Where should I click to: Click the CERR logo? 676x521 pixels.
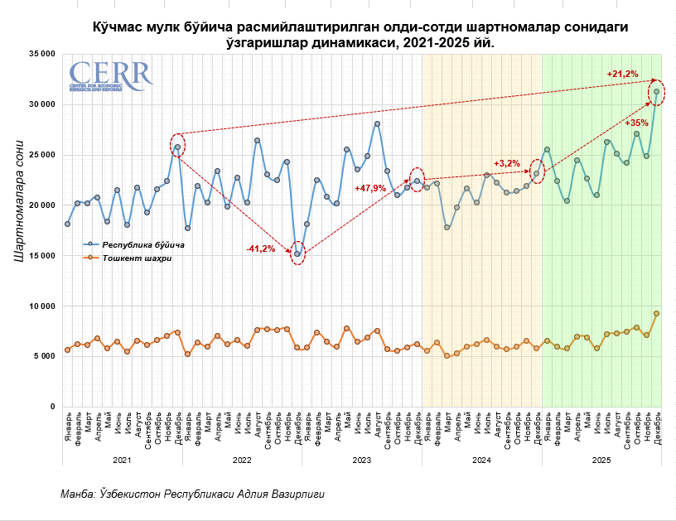(111, 75)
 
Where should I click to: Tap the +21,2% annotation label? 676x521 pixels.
(622, 75)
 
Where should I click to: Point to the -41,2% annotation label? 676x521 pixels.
(261, 249)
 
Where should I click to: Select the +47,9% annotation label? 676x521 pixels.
(371, 188)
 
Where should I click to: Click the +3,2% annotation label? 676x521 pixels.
(507, 163)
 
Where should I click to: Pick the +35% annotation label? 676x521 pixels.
(637, 123)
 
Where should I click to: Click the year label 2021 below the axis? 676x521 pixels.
(122, 459)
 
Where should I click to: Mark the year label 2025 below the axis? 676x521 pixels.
(601, 459)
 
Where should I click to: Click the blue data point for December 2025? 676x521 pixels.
(657, 92)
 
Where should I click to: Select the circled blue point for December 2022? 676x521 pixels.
(298, 253)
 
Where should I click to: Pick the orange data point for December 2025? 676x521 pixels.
(657, 313)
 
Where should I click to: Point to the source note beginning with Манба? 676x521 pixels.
(192, 494)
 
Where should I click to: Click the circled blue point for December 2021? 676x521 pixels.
(177, 147)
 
